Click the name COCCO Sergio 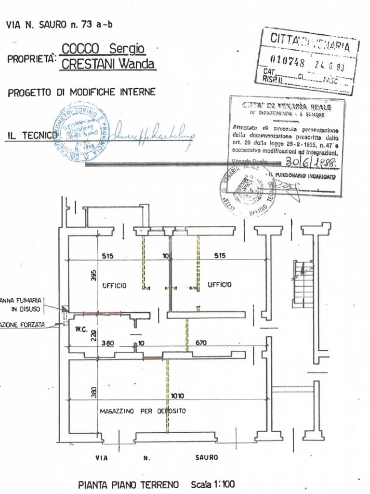pos(104,49)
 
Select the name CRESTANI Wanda pos(108,64)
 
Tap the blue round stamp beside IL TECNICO pos(80,132)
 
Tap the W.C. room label pos(80,330)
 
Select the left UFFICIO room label pos(114,286)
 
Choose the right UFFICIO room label pos(219,285)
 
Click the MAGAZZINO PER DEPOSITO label pos(143,411)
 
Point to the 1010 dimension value pos(177,396)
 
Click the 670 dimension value pos(200,343)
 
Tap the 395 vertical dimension pos(94,275)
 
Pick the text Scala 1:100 pos(213,484)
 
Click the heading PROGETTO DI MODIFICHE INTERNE pos(81,92)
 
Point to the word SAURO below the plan pos(206,457)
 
